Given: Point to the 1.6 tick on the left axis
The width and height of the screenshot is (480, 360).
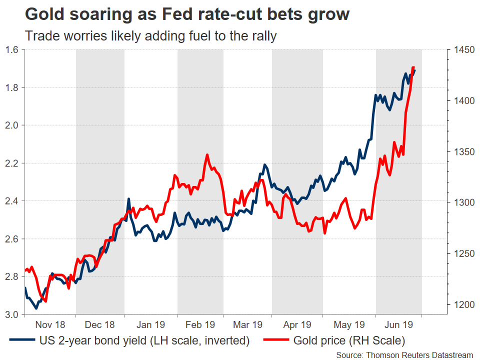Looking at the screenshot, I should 12,49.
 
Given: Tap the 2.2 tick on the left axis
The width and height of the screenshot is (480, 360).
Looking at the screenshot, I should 12,163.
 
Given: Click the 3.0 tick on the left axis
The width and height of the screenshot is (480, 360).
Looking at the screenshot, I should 12,314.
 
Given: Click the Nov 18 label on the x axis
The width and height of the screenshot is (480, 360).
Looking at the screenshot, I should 50,324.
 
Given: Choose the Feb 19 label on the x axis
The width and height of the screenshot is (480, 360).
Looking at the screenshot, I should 200,324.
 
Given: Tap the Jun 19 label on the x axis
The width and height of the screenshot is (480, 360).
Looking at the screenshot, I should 399,324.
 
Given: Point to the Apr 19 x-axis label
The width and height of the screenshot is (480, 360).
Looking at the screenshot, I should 297,324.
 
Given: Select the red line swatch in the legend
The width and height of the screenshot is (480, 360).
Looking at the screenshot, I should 274,341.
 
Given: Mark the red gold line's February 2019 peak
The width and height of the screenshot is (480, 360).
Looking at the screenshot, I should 206,155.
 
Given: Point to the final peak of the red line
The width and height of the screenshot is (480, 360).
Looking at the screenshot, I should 413,67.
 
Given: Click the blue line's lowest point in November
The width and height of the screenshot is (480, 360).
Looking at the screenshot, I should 35,308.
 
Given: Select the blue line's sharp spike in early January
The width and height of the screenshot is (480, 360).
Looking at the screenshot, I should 128,199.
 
